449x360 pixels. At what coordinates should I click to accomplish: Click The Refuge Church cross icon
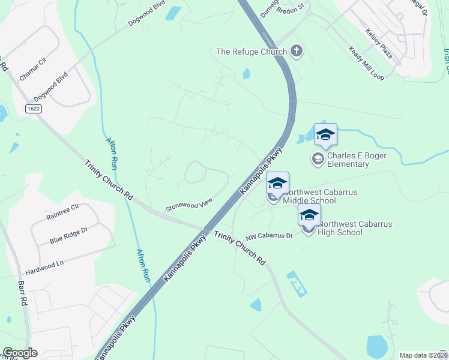[296, 51]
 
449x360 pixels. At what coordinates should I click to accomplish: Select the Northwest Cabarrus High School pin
[309, 216]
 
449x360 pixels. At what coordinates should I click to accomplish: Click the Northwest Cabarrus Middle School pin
[277, 184]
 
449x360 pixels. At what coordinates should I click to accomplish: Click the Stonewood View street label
[190, 205]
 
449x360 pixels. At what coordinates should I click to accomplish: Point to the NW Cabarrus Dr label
[270, 236]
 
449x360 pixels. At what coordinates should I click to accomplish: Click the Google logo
[20, 353]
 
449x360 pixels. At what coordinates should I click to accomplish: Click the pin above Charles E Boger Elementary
[325, 135]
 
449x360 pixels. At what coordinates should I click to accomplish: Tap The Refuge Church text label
[252, 52]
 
